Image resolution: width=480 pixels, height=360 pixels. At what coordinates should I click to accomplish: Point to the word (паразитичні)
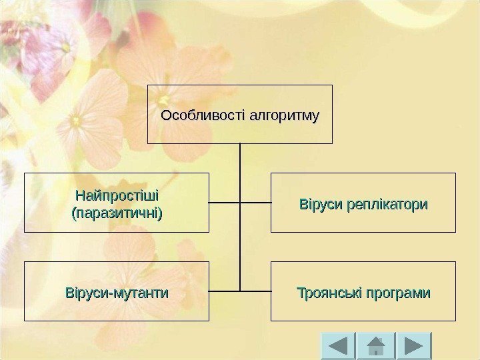(117, 213)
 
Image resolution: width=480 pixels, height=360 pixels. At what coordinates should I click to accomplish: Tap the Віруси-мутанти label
(117, 293)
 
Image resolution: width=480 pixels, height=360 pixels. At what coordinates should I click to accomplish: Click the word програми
(397, 293)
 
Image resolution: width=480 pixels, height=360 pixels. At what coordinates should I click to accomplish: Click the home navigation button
(377, 345)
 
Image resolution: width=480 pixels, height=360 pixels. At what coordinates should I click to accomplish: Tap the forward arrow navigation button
(414, 345)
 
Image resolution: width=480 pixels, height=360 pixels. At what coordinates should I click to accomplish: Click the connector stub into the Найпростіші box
(225, 202)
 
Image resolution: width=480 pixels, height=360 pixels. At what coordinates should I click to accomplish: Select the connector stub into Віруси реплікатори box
(255, 202)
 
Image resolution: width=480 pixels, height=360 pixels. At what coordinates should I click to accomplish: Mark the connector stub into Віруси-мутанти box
(225, 291)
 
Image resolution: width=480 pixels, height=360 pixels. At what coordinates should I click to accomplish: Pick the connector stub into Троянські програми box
(255, 291)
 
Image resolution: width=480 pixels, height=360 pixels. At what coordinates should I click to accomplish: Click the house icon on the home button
(377, 345)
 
